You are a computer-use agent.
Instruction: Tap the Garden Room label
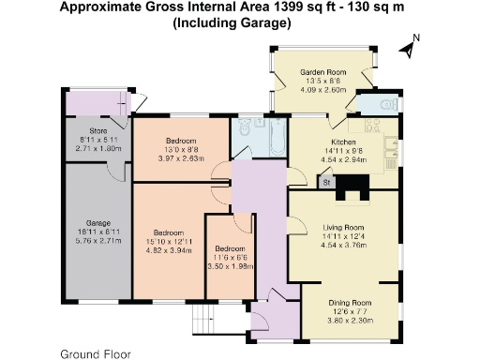click(323, 72)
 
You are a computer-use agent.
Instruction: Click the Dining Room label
click(349, 303)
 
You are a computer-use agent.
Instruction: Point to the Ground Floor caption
click(96, 354)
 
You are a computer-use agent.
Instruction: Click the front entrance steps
click(202, 317)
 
